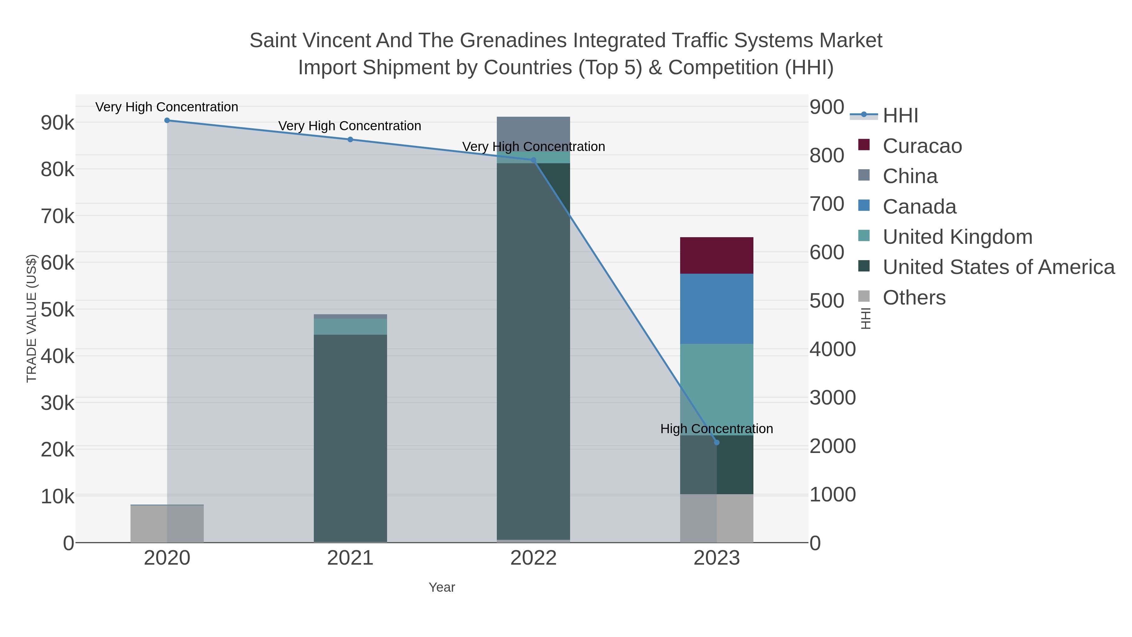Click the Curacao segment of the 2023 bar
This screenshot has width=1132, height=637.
click(x=716, y=255)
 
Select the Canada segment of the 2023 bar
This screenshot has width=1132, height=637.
click(x=716, y=309)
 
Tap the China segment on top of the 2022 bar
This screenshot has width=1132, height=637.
click(x=533, y=132)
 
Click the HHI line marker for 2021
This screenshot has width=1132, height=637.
click(x=350, y=140)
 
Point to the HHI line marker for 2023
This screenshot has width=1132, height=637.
click(x=717, y=442)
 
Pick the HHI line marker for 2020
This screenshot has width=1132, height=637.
click(x=167, y=120)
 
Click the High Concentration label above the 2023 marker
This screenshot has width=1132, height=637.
click(x=716, y=429)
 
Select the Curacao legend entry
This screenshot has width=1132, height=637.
click(x=922, y=146)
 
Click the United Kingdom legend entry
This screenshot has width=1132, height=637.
click(x=957, y=237)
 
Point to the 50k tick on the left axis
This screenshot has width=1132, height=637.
click(x=58, y=310)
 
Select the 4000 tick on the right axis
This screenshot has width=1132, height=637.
click(x=832, y=349)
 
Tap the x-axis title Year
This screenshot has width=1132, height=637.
click(x=442, y=587)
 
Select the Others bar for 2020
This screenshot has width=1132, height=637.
click(x=167, y=524)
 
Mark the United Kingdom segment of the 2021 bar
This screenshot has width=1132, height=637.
click(x=350, y=327)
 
